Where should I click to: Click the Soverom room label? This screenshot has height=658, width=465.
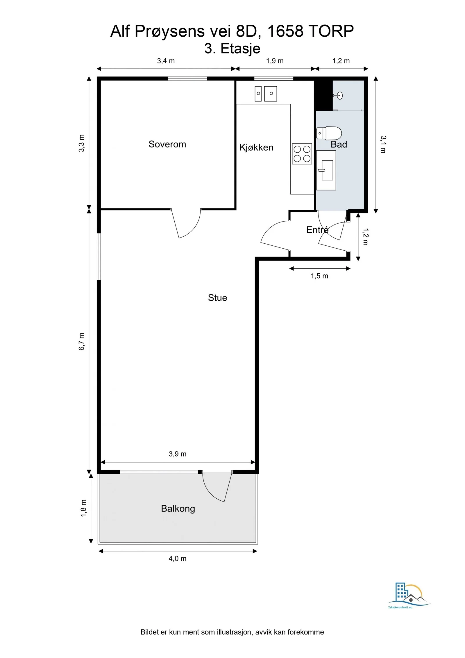coord(167,144)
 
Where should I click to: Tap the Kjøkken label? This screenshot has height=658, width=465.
coord(256,147)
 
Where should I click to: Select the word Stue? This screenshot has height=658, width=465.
coord(217,298)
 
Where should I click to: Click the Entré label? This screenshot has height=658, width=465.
coord(317,230)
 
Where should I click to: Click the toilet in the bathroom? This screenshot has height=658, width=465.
coord(329,133)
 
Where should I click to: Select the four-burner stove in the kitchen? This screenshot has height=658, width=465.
coord(302,154)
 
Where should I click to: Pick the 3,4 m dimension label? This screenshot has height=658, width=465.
coord(166,61)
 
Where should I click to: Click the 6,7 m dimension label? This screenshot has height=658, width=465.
coord(82,341)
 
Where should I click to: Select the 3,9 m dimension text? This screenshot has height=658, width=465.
coord(178,454)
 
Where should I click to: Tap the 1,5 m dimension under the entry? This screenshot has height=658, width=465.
coord(319,276)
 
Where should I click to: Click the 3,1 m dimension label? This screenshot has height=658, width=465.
coord(383,144)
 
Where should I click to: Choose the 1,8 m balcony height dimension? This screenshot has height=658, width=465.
coord(83,508)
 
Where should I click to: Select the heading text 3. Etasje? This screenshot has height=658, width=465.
coord(232,49)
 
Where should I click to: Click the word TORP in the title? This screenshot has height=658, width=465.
coord(331,31)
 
